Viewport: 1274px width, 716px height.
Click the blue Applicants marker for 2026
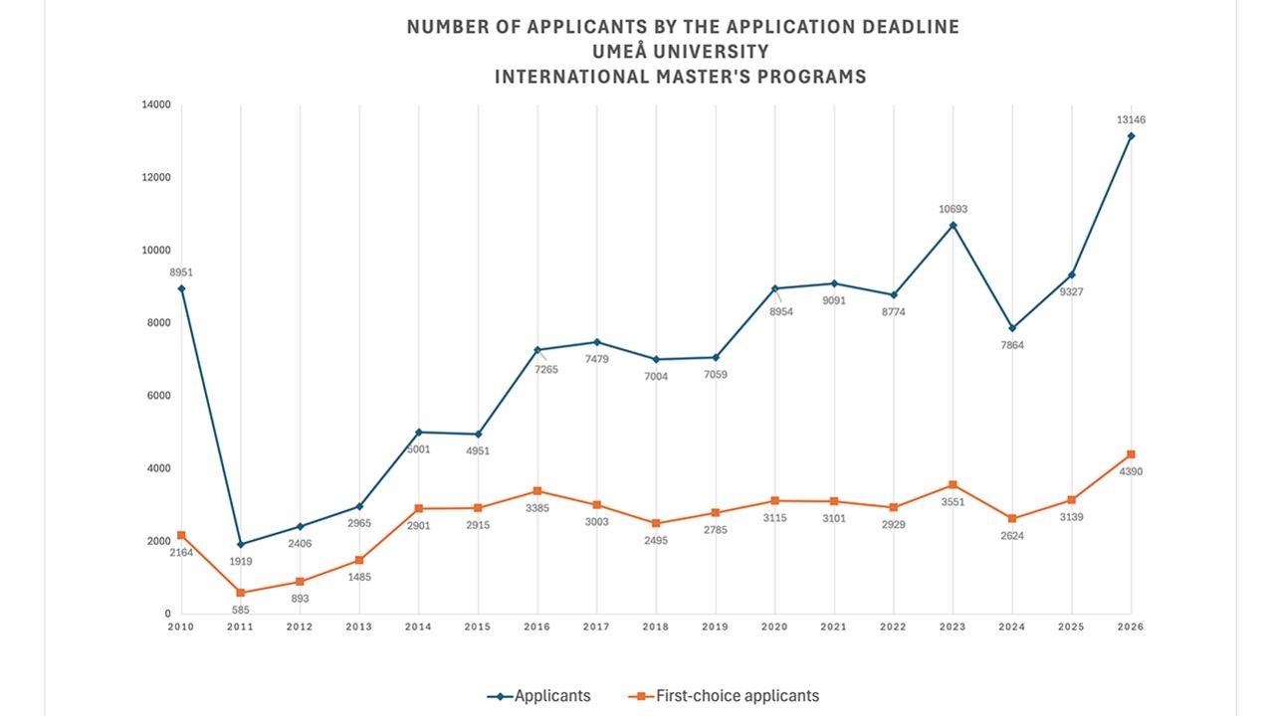coord(1131,136)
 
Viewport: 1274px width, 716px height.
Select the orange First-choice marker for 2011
coord(240,593)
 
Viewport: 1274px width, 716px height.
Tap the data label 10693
coord(953,210)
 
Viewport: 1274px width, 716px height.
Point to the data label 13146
coord(1131,120)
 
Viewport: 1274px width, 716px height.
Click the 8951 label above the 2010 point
coord(180,272)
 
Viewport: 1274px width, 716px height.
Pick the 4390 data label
coord(1131,472)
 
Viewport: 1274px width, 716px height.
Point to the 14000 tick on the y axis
coord(156,104)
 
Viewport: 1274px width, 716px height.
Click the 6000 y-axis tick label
coord(159,396)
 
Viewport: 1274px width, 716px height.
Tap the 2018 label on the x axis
coord(656,626)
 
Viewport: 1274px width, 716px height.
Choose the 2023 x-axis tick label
coord(953,626)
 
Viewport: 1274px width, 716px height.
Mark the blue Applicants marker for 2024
coord(1012,328)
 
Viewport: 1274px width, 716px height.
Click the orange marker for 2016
coord(537,491)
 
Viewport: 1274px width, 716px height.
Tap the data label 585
coord(240,610)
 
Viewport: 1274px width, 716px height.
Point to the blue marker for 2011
coord(240,544)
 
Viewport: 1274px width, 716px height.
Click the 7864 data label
coord(1012,345)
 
